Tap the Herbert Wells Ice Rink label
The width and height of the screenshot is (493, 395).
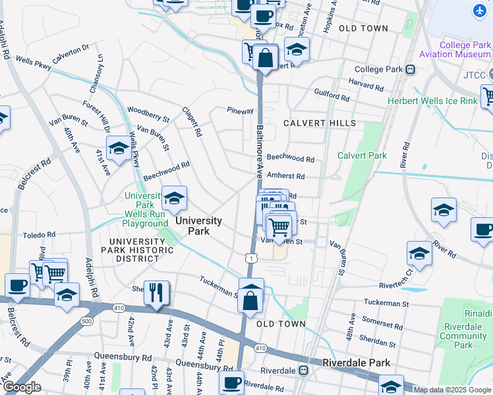pos(441,101)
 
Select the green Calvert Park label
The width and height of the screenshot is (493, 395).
pos(362,155)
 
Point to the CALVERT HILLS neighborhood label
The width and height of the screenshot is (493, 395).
pos(320,123)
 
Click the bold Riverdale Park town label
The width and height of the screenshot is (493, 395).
pos(356,363)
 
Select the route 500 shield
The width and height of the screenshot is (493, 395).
pos(87,321)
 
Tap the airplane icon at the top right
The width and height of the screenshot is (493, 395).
pos(479,11)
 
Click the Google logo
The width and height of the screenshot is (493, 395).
pos(22,387)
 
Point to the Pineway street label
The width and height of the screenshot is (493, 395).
pos(240,111)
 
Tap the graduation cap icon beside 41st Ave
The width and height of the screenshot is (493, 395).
pos(119,149)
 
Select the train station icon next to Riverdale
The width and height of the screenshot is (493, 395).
pos(303,371)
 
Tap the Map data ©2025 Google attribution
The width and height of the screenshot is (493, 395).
pos(451,390)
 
